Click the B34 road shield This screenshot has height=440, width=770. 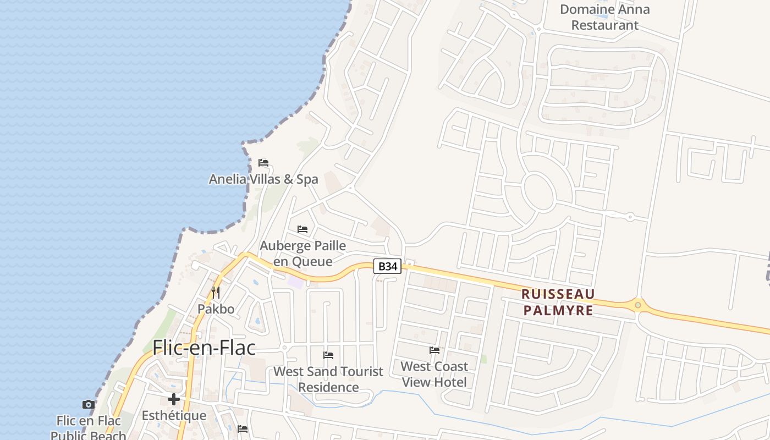tap(387, 266)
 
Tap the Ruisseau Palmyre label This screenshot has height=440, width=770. tap(558, 302)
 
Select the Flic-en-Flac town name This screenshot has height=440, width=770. tap(204, 348)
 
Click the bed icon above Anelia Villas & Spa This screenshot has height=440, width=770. tap(263, 163)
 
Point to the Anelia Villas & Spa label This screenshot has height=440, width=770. tap(263, 179)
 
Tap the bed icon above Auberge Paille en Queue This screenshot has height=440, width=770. tap(302, 229)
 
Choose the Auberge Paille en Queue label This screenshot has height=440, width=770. tap(302, 254)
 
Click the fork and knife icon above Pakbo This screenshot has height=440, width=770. tap(216, 292)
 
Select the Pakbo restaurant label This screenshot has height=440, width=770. tap(216, 309)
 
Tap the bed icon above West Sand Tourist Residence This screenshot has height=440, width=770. tap(328, 355)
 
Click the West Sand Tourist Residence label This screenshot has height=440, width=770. tap(328, 379)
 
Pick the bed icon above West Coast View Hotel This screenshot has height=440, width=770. tap(435, 350)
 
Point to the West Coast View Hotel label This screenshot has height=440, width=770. tap(435, 374)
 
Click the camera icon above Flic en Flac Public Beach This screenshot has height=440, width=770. tap(88, 405)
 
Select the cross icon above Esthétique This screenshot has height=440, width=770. tap(174, 399)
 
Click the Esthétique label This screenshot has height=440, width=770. tap(174, 416)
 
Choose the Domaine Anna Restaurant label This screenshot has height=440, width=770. tap(604, 17)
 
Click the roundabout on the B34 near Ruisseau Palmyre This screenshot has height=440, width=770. tap(637, 305)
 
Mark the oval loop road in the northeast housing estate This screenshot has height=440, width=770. tap(538, 191)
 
